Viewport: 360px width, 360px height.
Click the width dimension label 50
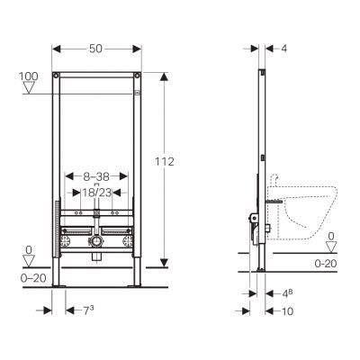95,49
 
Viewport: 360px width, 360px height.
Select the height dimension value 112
165,162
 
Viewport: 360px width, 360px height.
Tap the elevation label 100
29,76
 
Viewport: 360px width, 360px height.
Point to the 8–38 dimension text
96,176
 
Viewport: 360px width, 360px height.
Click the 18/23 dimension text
97,193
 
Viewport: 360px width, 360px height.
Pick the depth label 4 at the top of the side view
283,49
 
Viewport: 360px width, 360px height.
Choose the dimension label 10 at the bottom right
287,311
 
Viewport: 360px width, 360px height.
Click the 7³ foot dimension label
88,310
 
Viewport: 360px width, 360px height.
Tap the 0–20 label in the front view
33,278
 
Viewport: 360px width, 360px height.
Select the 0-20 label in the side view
326,264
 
